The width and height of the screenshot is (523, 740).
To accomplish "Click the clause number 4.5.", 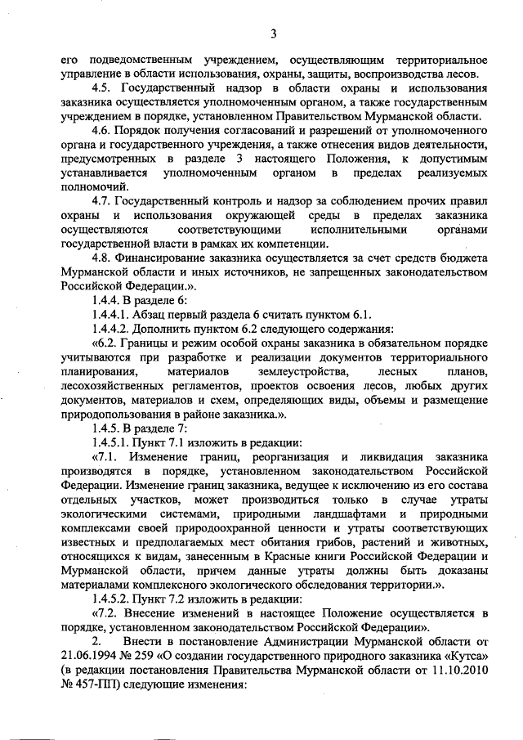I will pos(101,87).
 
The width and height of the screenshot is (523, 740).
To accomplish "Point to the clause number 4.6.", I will pos(101,131).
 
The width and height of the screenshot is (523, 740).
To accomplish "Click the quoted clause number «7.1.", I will pos(105,457).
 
